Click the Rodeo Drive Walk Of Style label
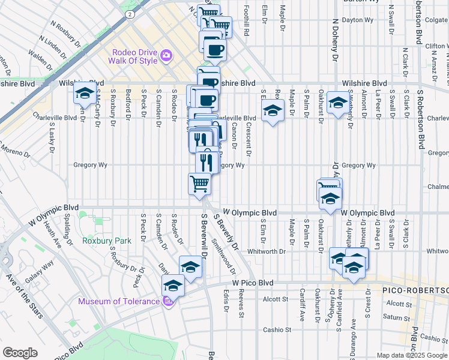point(133,56)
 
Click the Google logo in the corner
point(20,353)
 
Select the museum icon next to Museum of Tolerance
point(170,301)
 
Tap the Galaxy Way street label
point(39,271)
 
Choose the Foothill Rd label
point(246,18)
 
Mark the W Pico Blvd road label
point(253,282)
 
